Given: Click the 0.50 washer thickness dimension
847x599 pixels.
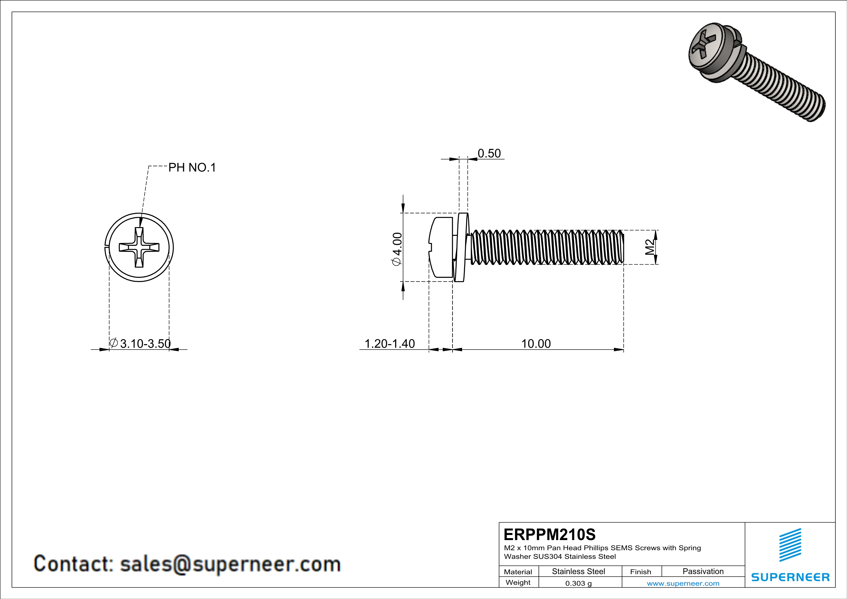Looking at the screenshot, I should point(489,153).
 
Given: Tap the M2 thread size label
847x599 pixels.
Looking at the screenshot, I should point(650,247).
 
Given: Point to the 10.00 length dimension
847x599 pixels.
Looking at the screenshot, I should point(536,343).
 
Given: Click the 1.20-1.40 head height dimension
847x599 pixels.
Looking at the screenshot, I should point(390,343).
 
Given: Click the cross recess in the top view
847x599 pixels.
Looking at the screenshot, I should point(139,247).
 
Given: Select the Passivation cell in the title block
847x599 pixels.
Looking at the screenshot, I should point(703,571).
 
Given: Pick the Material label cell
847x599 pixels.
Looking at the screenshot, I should point(518,572).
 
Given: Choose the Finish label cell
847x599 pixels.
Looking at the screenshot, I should point(641,572).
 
